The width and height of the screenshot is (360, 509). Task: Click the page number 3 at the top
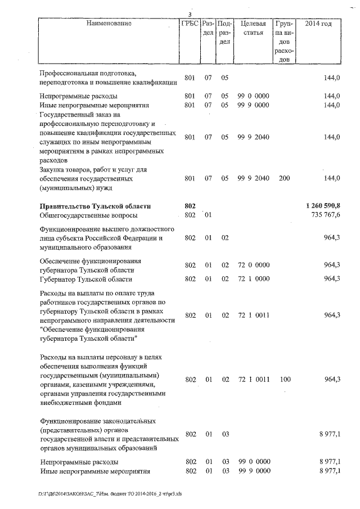click(x=190, y=15)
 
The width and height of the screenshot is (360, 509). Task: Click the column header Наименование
click(x=109, y=24)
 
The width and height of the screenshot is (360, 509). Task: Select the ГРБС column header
click(x=190, y=24)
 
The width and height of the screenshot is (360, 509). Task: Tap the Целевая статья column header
click(x=253, y=28)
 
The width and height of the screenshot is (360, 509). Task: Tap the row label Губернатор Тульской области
click(x=85, y=279)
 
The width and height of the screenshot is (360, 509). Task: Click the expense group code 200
click(x=285, y=178)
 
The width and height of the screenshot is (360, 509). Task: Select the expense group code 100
click(x=285, y=380)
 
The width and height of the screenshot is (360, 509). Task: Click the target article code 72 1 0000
click(x=253, y=279)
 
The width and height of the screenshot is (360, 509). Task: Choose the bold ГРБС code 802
click(x=190, y=206)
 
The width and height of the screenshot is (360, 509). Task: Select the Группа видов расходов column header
click(x=285, y=42)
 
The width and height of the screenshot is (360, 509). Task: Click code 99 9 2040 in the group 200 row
click(x=253, y=178)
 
